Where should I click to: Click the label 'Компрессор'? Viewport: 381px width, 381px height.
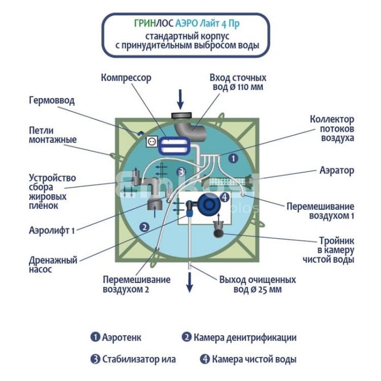click(126, 78)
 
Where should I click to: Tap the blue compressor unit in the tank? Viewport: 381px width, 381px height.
click(175, 143)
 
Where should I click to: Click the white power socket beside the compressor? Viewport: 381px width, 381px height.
click(152, 141)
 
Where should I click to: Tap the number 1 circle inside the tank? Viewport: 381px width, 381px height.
click(233, 159)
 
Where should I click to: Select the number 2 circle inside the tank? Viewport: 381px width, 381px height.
click(144, 227)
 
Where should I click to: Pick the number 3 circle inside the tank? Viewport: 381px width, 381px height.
click(181, 172)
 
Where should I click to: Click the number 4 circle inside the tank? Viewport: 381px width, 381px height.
click(223, 197)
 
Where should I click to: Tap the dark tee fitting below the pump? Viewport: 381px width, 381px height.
click(218, 230)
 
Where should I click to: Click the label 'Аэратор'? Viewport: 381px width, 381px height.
click(336, 171)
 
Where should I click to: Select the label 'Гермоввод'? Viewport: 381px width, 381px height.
click(52, 101)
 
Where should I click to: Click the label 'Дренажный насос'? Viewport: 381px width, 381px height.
click(52, 264)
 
